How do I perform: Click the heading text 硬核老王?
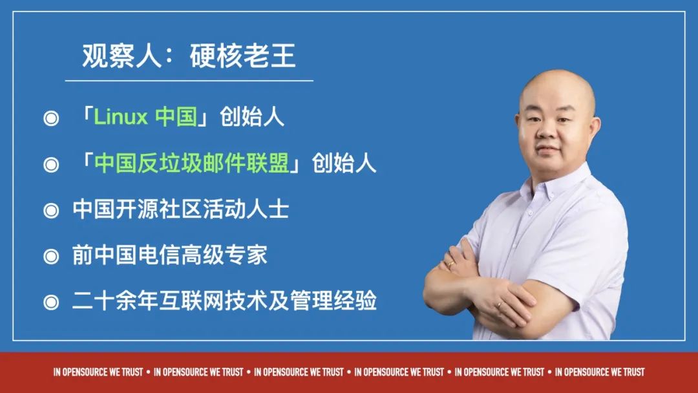point(242,56)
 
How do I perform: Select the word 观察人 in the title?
point(122,56)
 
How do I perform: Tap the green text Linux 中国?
point(145,117)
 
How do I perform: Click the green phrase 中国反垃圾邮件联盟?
point(192,163)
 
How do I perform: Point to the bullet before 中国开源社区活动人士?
point(51,210)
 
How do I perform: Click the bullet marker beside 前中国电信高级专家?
point(51,257)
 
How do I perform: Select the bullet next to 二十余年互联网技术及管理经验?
point(51,303)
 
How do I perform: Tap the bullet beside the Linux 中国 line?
point(51,118)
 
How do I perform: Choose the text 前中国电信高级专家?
point(169,255)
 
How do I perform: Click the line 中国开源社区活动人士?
point(181,209)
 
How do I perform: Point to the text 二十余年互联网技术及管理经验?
point(224,301)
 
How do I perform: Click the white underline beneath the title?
point(189,81)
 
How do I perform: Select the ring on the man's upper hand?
point(451,264)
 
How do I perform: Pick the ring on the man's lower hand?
point(500,305)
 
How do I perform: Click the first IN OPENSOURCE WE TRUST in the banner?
point(98,372)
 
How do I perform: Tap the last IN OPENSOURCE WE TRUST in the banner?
point(600,372)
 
